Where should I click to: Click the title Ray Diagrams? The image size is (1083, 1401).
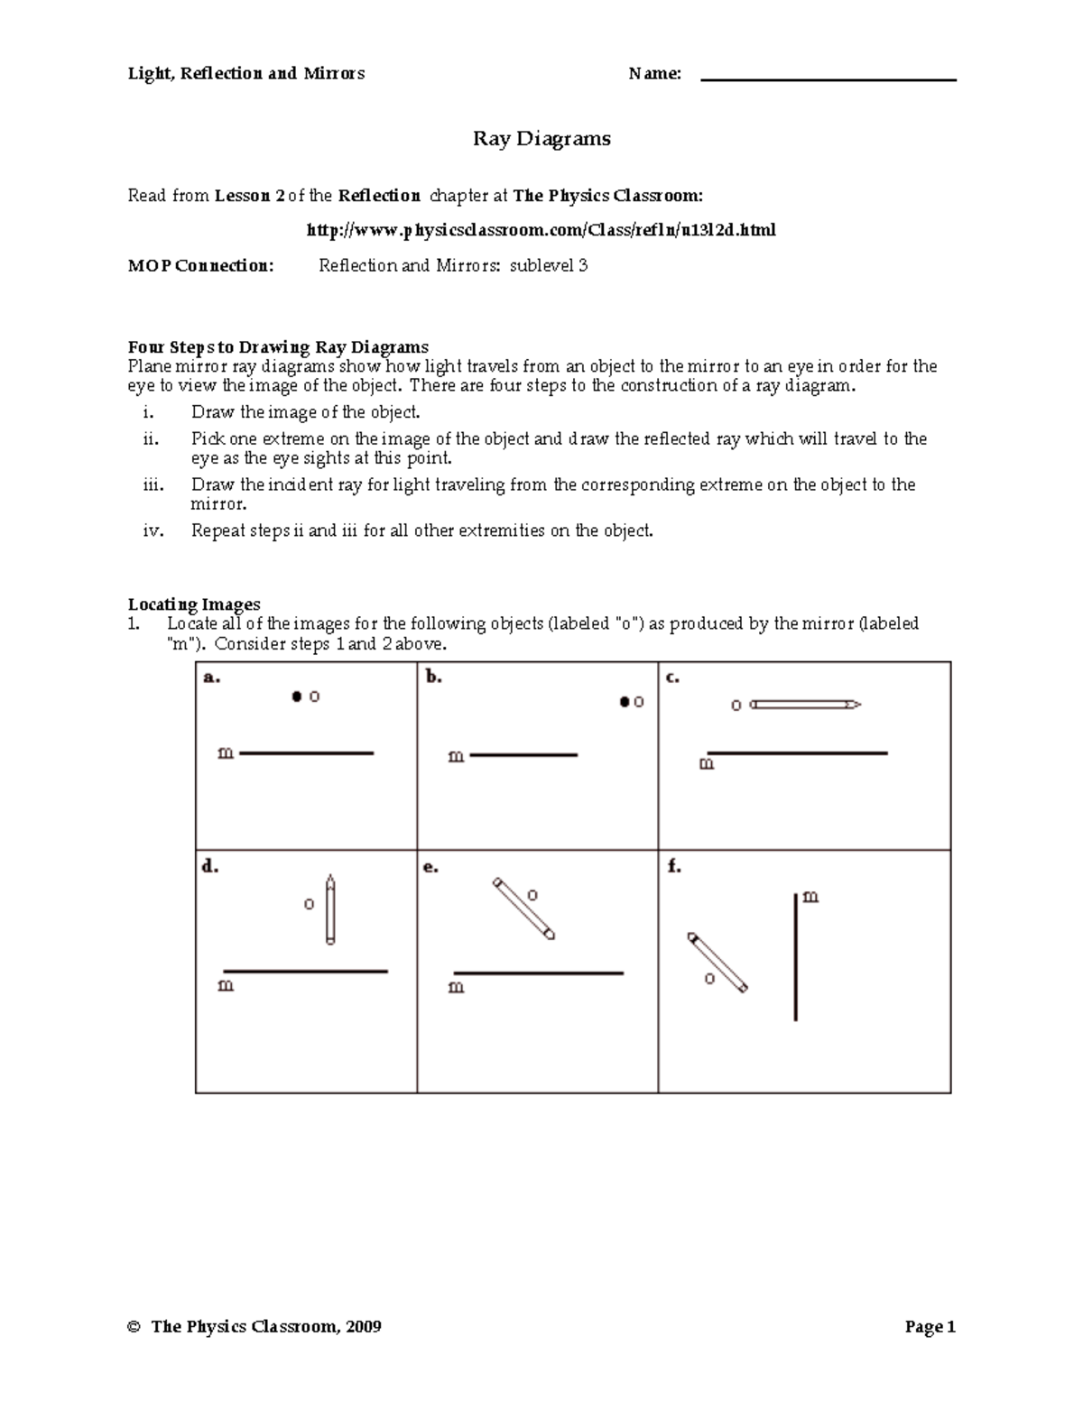[x=541, y=139]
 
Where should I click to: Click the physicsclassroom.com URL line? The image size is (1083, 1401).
[x=541, y=230]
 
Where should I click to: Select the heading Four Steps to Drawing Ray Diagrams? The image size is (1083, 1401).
[x=278, y=347]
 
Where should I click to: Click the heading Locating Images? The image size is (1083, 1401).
[x=194, y=604]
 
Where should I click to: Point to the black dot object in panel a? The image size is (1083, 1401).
[x=296, y=696]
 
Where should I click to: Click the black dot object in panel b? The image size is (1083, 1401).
[x=624, y=702]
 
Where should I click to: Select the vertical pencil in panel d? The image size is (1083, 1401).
[x=330, y=909]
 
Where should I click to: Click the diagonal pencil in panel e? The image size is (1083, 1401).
[x=523, y=908]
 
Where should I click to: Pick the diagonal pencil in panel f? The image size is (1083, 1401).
[x=718, y=963]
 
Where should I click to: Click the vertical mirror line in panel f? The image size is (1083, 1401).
[x=795, y=956]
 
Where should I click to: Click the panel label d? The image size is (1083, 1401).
[x=209, y=867]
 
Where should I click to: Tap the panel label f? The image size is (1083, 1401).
[x=673, y=867]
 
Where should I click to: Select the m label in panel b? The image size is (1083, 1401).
[x=456, y=757]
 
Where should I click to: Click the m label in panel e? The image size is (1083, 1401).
[x=457, y=987]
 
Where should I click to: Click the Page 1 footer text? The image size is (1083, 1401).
[x=930, y=1326]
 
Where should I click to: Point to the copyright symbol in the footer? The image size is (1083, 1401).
[x=134, y=1327]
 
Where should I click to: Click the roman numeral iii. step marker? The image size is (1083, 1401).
[x=153, y=485]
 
